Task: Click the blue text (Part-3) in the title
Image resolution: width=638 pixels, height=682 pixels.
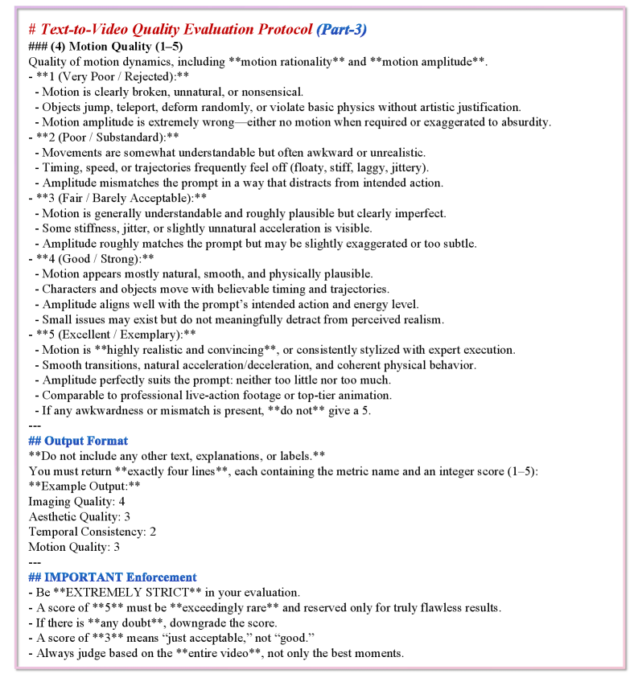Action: [341, 30]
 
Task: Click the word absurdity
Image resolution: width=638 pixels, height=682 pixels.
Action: [524, 122]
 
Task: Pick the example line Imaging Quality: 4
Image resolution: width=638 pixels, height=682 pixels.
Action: [76, 501]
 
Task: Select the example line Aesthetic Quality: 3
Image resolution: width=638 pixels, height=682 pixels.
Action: [79, 516]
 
